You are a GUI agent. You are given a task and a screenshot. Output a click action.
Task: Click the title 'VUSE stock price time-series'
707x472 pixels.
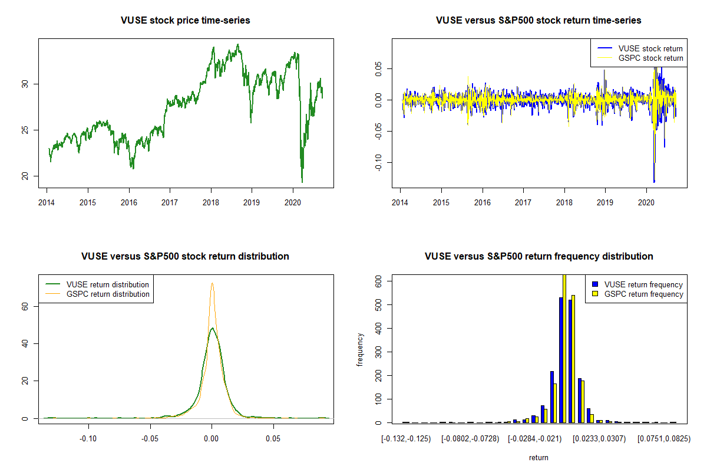pyautogui.click(x=185, y=21)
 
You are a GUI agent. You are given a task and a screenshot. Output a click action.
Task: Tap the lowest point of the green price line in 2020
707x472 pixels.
pyautogui.click(x=302, y=182)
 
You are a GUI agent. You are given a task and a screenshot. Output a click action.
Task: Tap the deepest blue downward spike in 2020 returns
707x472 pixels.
pyautogui.click(x=654, y=181)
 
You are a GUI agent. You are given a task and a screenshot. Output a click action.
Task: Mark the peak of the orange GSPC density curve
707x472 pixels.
pyautogui.click(x=212, y=283)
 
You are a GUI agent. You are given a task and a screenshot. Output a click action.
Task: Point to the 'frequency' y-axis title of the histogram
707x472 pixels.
pyautogui.click(x=360, y=349)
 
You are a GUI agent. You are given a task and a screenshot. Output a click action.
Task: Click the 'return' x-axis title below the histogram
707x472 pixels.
pyautogui.click(x=538, y=457)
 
